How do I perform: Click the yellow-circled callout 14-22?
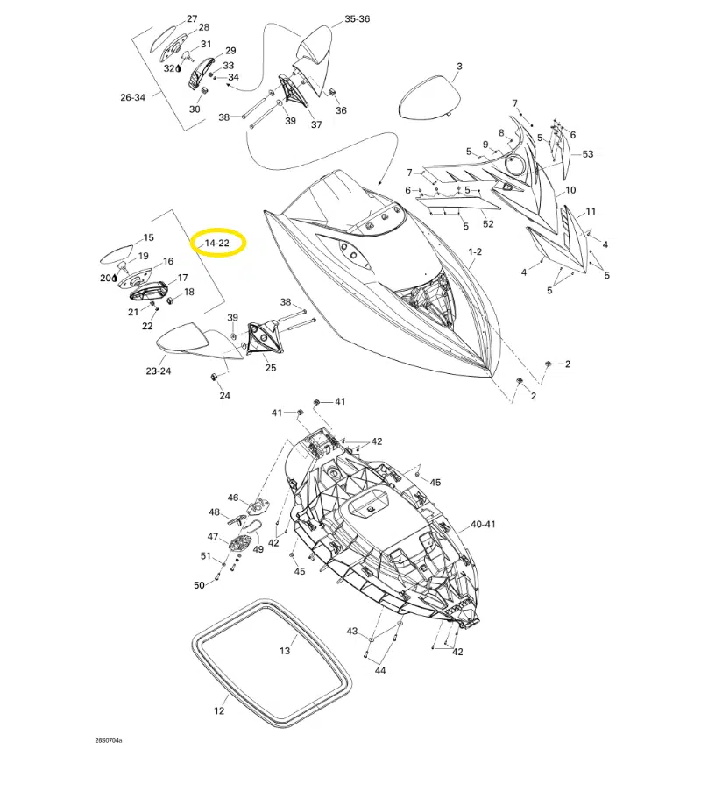[x=216, y=243]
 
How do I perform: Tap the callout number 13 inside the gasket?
[x=285, y=651]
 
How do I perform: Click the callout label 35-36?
[x=357, y=18]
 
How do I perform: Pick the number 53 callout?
[x=587, y=153]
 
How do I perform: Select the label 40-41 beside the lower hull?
[x=483, y=524]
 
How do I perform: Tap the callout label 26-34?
[x=132, y=97]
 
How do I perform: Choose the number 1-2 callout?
[x=475, y=251]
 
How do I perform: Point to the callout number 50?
[x=199, y=585]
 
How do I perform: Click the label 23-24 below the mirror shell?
[x=159, y=371]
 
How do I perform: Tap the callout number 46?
[x=233, y=498]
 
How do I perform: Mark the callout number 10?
[x=570, y=190]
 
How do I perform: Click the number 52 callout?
[x=488, y=224]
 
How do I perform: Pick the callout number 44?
[x=380, y=671]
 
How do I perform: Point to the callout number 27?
[x=192, y=18]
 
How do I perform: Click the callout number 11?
[x=591, y=211]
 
